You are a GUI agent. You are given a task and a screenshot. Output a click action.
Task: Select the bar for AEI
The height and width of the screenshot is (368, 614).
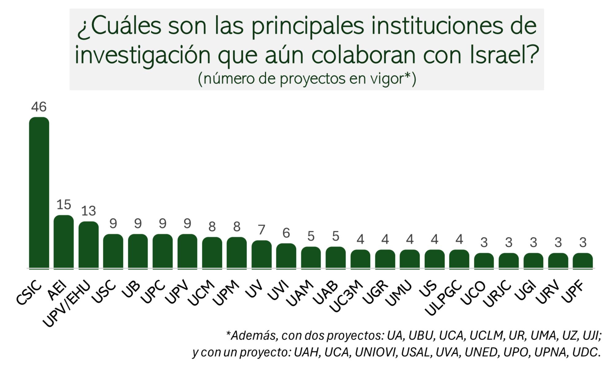coord(64,242)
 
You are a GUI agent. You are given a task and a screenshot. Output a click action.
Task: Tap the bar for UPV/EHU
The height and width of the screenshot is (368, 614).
coord(88,245)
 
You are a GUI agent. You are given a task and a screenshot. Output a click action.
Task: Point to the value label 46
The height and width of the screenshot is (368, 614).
coord(39,107)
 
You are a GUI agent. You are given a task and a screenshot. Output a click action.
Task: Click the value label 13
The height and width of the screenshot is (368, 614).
coord(88,211)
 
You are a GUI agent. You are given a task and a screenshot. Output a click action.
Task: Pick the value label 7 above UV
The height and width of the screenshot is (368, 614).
coord(261,230)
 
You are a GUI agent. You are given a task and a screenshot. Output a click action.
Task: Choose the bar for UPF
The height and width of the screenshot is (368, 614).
coord(582,261)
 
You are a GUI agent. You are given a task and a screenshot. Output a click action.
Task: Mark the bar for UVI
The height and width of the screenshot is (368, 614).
coord(286,256)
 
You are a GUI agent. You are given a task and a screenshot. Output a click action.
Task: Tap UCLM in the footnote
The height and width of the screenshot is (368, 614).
coord(487,336)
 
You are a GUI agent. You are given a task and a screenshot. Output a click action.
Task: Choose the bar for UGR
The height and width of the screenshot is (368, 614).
coord(385,259)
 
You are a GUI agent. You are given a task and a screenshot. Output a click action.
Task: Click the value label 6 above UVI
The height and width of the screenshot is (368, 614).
coord(286,233)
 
